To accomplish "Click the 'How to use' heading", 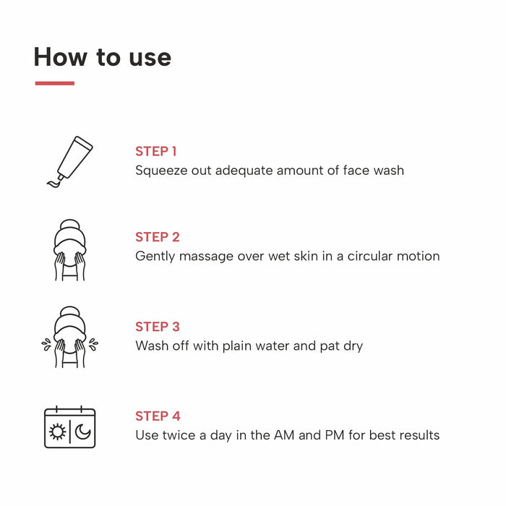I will [x=102, y=57].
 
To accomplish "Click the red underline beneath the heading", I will [x=54, y=83].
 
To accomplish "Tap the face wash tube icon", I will [x=70, y=160].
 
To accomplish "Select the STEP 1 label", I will [x=156, y=151].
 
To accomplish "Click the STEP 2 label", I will [x=158, y=237].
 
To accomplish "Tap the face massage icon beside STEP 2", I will [x=70, y=249].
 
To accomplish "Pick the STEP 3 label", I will [x=158, y=327].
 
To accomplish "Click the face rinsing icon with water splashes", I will [x=70, y=338].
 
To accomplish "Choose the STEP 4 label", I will [x=158, y=416].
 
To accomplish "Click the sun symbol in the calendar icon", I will [x=57, y=432].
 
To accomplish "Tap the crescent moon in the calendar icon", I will [x=83, y=432].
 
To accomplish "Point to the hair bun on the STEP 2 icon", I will [x=70, y=226].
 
